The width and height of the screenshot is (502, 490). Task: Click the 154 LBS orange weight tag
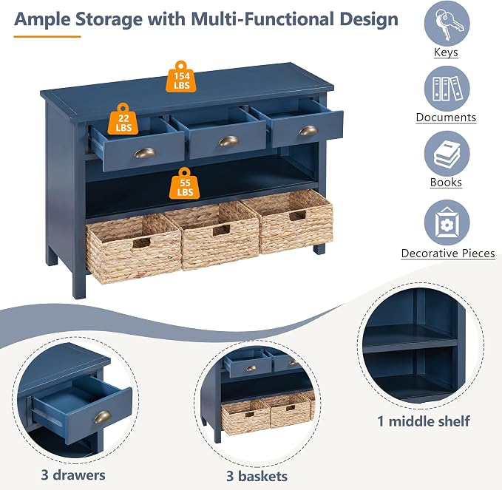point(181,77)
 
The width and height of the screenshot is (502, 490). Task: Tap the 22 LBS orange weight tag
point(123,119)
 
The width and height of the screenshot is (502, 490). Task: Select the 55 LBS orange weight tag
point(185,183)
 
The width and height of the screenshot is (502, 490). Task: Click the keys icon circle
point(447,24)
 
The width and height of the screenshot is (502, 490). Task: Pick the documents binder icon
point(447,89)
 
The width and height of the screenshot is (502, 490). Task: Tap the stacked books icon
point(447,154)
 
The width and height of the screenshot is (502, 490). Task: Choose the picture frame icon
point(447,222)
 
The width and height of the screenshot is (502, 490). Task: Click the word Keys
point(446,52)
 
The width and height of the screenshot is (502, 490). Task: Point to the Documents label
point(446,118)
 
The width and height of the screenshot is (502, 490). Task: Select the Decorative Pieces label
point(448,253)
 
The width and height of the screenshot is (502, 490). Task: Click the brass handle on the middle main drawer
point(228,141)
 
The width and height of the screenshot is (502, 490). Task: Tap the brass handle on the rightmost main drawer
point(308,130)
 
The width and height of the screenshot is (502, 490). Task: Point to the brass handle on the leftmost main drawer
point(145,153)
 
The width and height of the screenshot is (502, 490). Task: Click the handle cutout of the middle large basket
point(221,230)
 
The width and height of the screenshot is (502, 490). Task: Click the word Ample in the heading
point(42,19)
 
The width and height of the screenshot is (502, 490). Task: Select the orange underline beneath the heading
point(47,37)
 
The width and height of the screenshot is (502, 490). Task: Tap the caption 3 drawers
point(73,475)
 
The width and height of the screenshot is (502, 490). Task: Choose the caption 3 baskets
point(257,476)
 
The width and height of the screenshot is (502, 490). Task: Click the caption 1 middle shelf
point(424,421)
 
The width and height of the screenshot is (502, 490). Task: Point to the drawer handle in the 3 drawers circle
point(103,417)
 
